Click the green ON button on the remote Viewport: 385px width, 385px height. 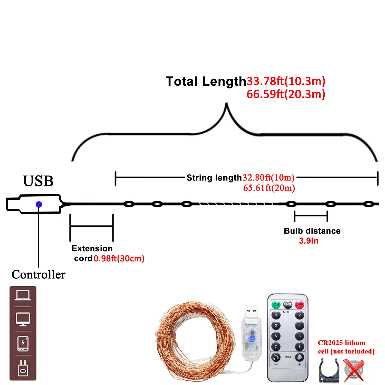(x=276, y=304)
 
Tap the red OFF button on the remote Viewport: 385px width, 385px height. (x=299, y=304)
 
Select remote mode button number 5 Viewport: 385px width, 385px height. (x=276, y=336)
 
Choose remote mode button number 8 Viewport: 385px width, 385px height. (x=300, y=346)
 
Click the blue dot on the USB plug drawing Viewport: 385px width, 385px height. (x=39, y=204)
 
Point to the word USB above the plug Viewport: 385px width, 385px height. (x=38, y=181)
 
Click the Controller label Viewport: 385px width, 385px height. (x=38, y=275)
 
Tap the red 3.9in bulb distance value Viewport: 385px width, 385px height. (x=309, y=241)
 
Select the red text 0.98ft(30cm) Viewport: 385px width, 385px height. (x=119, y=258)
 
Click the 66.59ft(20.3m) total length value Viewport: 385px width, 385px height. (x=286, y=94)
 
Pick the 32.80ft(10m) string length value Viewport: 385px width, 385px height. (x=268, y=177)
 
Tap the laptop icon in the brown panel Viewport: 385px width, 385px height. (x=23, y=295)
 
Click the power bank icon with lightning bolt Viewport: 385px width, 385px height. (x=23, y=343)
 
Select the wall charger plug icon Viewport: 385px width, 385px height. (x=23, y=368)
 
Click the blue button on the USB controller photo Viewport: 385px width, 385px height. (x=252, y=338)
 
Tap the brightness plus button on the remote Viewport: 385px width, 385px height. (x=300, y=358)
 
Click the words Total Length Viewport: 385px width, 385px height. (x=206, y=82)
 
